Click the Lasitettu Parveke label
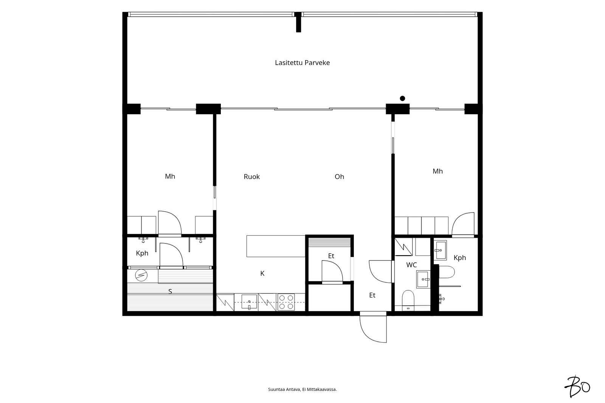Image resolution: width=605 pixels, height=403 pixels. click(x=302, y=63)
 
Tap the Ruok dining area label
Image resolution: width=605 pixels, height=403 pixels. click(x=252, y=177)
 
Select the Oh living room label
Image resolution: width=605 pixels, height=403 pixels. click(x=339, y=177)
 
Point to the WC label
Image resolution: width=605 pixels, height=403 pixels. click(x=411, y=265)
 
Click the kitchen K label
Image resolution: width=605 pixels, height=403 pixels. click(x=262, y=274)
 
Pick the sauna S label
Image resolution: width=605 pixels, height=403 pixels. click(x=170, y=291)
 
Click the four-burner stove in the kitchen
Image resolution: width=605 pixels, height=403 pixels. click(x=286, y=302)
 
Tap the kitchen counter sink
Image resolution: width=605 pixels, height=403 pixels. click(x=249, y=302)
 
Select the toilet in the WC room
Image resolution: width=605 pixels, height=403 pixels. click(x=408, y=300)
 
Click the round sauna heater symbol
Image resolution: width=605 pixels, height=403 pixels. click(x=141, y=276)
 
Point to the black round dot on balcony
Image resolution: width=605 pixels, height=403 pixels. click(x=402, y=98)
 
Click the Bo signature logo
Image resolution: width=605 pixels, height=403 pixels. click(x=577, y=386)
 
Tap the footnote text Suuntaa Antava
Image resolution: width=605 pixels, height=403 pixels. click(x=284, y=389)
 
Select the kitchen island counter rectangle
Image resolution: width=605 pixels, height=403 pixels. click(x=276, y=246)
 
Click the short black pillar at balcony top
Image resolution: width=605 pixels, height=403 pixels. click(x=298, y=22)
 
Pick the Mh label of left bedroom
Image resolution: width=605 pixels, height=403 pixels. click(x=170, y=177)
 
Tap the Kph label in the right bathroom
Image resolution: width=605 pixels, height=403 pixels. click(x=460, y=258)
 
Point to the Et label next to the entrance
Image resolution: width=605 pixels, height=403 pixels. click(x=372, y=295)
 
